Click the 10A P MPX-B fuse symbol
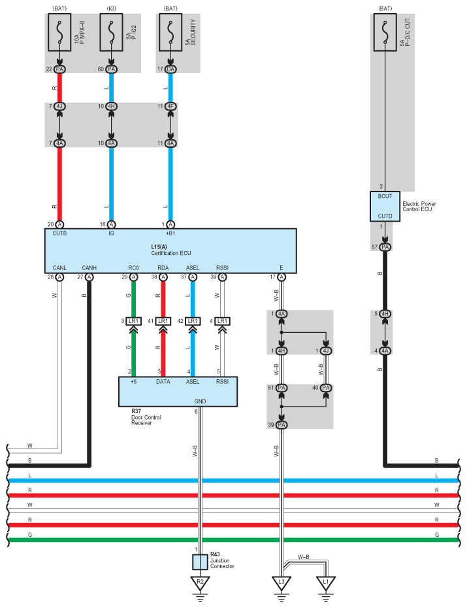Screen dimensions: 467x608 [x=59, y=32]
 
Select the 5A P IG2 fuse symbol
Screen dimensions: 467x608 [x=112, y=32]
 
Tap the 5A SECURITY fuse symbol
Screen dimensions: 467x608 [x=170, y=32]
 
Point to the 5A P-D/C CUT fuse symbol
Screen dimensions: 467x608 [x=385, y=32]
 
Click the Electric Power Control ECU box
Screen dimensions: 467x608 [x=385, y=207]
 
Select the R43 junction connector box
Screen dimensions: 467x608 [x=200, y=562]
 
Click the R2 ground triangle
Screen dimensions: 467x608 [x=200, y=583]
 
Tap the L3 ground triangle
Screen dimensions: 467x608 [x=282, y=583]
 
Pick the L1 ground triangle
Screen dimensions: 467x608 [x=326, y=583]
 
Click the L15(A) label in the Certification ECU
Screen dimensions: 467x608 [x=159, y=246]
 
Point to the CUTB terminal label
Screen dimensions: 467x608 [x=59, y=233]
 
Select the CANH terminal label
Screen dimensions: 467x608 [x=89, y=268]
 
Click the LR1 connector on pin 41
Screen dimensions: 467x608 [x=163, y=321]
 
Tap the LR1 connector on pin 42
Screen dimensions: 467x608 [x=193, y=321]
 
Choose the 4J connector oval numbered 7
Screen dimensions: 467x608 [x=59, y=107]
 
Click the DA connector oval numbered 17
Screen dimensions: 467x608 [x=170, y=69]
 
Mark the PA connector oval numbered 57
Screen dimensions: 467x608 [x=385, y=247]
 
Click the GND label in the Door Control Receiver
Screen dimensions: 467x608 [x=201, y=401]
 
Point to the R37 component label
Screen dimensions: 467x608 [x=137, y=411]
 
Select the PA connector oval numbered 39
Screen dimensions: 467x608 [x=282, y=425]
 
